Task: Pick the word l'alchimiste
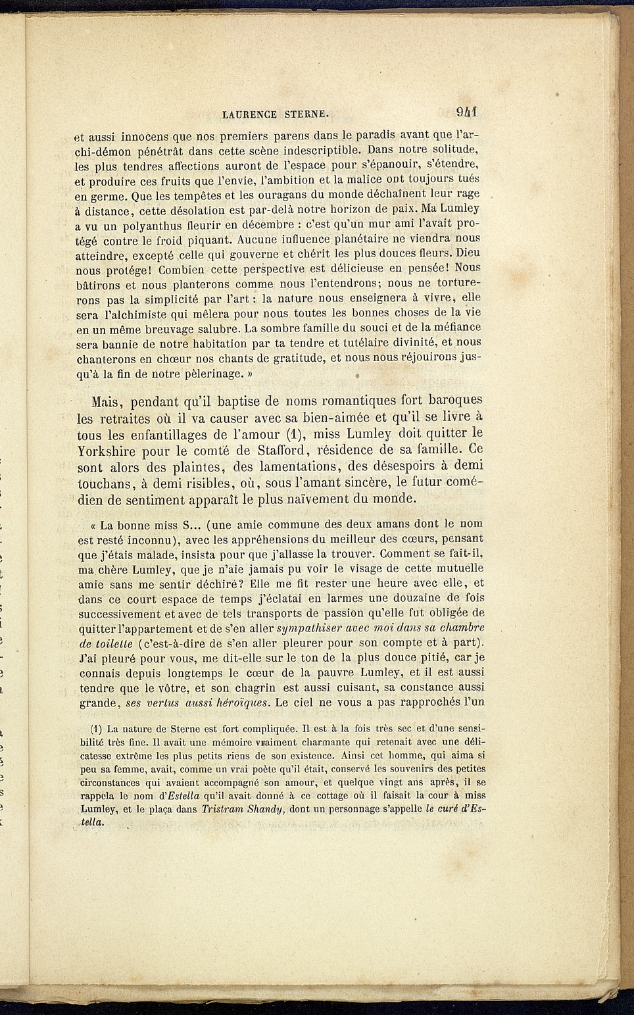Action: tap(136, 314)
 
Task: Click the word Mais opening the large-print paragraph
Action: tap(108, 401)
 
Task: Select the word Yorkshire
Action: tap(107, 451)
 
